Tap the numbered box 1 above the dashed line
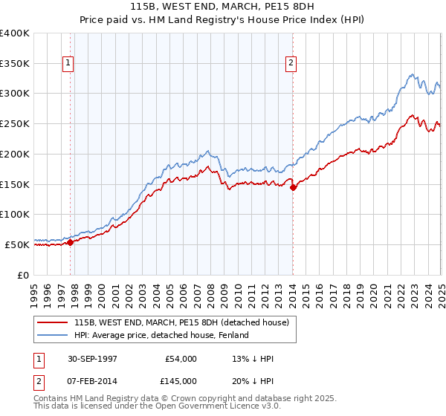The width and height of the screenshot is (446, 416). click(x=68, y=63)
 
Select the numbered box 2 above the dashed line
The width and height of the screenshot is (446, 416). click(x=291, y=63)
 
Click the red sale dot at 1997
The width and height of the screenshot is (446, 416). click(x=71, y=242)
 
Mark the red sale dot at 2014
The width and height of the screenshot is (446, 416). click(x=293, y=187)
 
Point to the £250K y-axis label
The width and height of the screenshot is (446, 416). click(x=15, y=123)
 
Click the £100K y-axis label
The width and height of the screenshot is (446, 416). click(x=15, y=214)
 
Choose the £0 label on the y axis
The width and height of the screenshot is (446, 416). click(x=23, y=274)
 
